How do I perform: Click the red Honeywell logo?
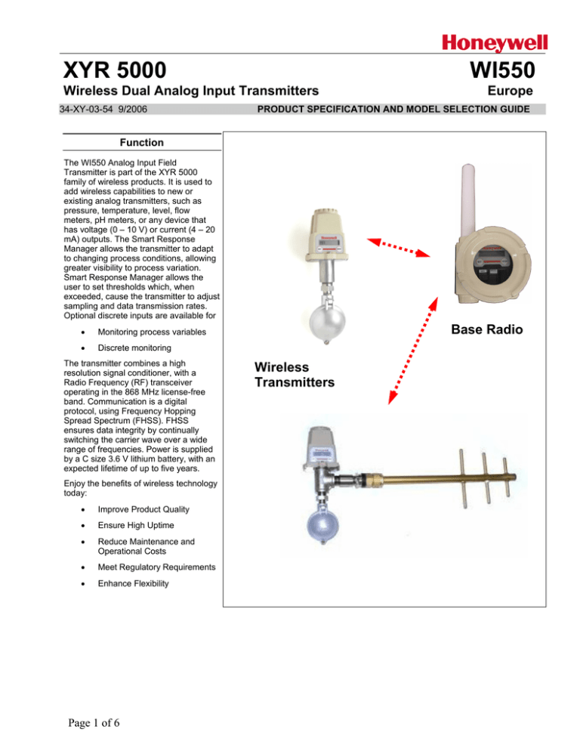point(494,43)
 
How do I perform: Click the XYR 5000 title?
point(115,70)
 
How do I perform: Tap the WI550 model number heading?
point(502,70)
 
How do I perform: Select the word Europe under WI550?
point(510,91)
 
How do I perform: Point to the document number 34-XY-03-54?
point(86,110)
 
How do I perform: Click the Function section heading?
point(142,142)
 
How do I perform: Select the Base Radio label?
point(486,329)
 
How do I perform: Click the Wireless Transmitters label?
point(295,375)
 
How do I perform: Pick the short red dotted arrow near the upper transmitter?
point(399,247)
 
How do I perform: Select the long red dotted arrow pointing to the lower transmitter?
point(413,351)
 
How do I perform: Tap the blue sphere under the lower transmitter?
point(322,525)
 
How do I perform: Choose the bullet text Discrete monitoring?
point(134,348)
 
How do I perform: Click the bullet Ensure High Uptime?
point(136,525)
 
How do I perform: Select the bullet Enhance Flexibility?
point(133,583)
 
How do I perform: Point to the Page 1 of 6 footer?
point(94,723)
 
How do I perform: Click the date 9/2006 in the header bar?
point(133,110)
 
